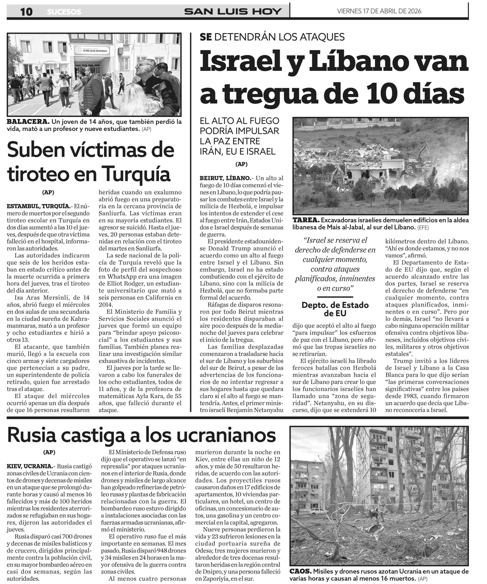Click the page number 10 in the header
[x=26, y=12]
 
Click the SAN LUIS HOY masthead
[x=233, y=11]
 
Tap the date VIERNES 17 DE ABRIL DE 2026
[x=379, y=11]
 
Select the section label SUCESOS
[x=64, y=12]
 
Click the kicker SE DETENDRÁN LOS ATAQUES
[x=272, y=37]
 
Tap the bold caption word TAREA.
[x=305, y=220]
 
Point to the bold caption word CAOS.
[x=300, y=571]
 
